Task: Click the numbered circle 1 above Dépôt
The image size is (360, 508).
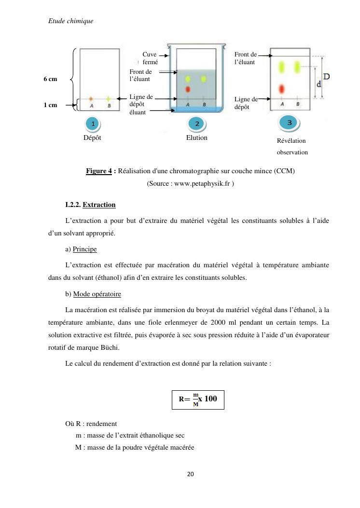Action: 93,124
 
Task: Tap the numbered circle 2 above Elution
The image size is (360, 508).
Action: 197,124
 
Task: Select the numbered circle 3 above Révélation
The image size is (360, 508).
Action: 290,123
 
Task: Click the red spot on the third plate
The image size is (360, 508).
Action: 282,89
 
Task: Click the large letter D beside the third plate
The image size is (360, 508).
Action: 327,76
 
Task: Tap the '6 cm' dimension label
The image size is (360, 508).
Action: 51,79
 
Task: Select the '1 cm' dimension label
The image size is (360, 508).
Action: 51,105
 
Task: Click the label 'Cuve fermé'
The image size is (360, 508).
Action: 150,58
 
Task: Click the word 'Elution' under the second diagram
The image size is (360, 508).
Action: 196,138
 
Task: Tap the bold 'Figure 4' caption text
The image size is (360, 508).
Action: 99,171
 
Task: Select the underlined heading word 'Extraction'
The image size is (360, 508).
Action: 99,205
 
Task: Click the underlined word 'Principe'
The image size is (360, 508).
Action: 84,249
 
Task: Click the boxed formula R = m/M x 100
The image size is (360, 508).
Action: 198,399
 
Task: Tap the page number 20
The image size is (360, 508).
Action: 190,474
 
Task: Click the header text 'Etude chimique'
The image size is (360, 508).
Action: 71,21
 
